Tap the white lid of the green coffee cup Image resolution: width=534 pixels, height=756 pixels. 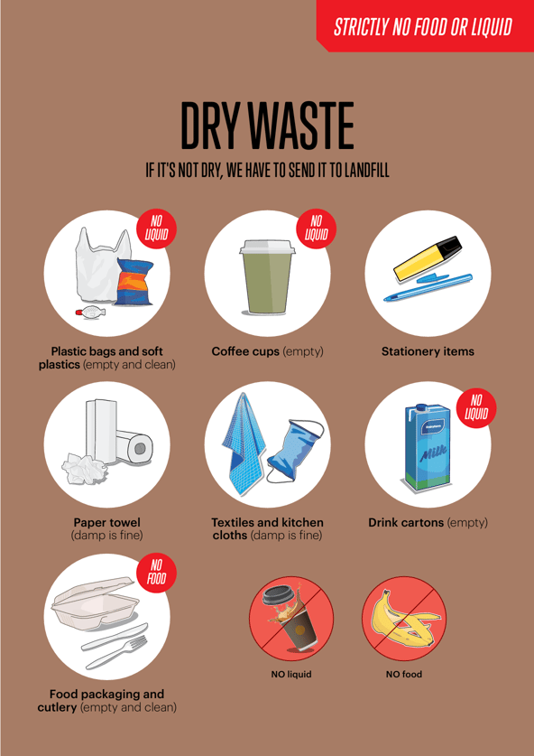point(267,245)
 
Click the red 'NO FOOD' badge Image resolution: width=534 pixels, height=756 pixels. point(154,576)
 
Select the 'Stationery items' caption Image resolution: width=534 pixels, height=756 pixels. point(428,350)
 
